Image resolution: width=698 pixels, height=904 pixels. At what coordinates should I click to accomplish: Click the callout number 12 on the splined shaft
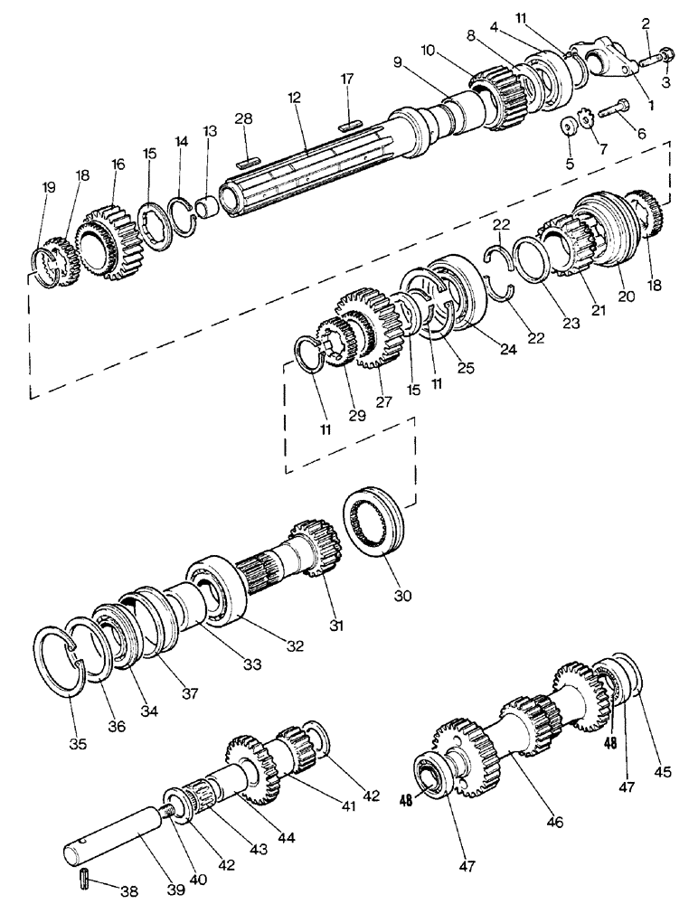293,96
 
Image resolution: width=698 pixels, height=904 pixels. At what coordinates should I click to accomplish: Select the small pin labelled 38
83,876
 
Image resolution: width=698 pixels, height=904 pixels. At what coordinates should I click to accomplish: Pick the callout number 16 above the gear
117,165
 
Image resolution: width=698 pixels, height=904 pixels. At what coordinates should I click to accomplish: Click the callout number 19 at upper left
49,187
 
